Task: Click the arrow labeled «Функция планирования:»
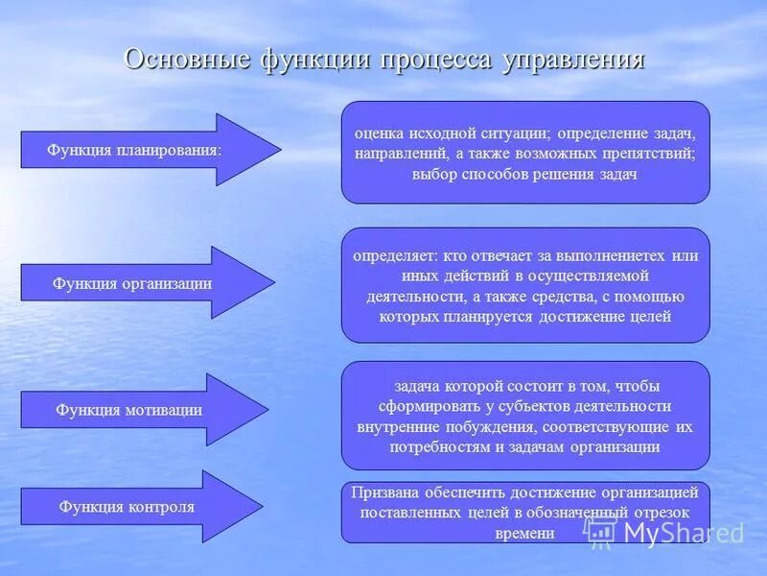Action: [x=144, y=150]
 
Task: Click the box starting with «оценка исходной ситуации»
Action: [x=525, y=153]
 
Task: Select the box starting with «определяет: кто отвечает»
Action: [x=525, y=285]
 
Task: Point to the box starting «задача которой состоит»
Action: [x=525, y=415]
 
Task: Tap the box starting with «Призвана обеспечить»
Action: [x=525, y=512]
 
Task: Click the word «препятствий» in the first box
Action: [x=649, y=154]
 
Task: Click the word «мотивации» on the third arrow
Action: [x=163, y=410]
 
